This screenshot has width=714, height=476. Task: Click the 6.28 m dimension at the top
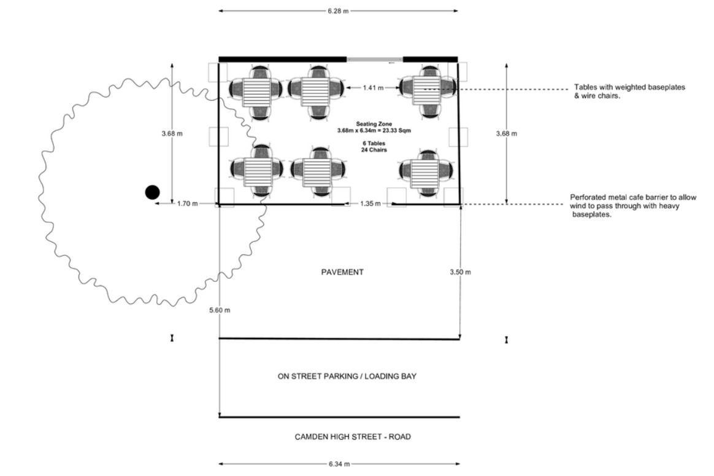[x=338, y=11]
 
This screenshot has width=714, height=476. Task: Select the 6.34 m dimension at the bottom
[x=339, y=464]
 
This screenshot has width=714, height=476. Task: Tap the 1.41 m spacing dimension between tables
[x=373, y=88]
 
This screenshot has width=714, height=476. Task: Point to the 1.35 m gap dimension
[x=370, y=203]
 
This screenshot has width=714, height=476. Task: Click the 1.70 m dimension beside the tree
[x=187, y=203]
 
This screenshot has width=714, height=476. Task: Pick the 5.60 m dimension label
[x=220, y=310]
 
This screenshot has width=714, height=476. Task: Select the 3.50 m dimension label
[x=461, y=272]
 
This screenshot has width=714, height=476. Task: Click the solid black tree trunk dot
[x=152, y=192]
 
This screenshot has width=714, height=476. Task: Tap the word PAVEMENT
[x=342, y=272]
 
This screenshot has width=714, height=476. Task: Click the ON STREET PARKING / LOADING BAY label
[x=347, y=376]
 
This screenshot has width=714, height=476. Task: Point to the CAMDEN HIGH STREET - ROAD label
[x=353, y=437]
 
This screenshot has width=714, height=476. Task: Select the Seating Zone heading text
[x=374, y=124]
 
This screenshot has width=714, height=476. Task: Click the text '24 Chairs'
[x=374, y=149]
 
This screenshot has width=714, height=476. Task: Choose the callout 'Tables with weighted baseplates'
[x=629, y=87]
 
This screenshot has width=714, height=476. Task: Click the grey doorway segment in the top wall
[x=375, y=60]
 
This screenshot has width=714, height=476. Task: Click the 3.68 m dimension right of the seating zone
[x=506, y=134]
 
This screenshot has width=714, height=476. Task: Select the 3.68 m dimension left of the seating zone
[x=172, y=134]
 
